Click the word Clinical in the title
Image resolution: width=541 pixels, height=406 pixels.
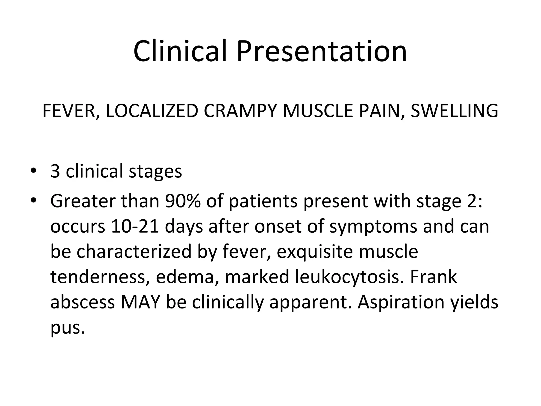180,51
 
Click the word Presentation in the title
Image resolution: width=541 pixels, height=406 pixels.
321,51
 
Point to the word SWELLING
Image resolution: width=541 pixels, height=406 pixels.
454,111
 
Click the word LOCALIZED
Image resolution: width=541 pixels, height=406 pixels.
152,111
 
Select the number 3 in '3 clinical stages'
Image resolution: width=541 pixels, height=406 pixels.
55,171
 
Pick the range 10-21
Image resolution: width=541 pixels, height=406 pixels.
135,227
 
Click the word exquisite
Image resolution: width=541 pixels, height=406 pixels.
314,252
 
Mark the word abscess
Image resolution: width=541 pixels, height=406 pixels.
82,302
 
